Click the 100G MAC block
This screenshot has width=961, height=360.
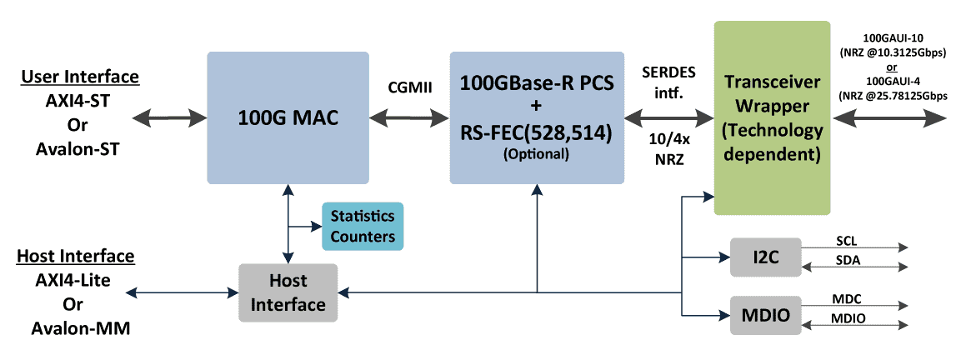click(287, 117)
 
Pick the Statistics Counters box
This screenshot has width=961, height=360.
click(362, 226)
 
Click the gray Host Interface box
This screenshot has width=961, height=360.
click(288, 292)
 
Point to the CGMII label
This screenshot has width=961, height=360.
click(410, 87)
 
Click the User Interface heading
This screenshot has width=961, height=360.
click(80, 77)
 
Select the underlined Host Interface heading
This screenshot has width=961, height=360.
click(76, 256)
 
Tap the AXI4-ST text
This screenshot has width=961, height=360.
click(80, 102)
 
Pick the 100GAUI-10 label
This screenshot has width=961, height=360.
click(894, 38)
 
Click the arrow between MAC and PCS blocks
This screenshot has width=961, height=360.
click(410, 117)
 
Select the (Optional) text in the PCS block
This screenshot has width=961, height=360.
click(536, 154)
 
